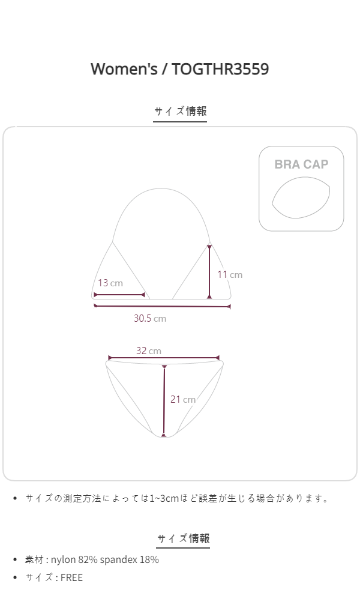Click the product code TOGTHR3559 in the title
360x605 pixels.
pyautogui.click(x=220, y=69)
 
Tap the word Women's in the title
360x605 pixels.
pyautogui.click(x=124, y=69)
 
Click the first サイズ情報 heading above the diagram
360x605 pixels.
pyautogui.click(x=181, y=111)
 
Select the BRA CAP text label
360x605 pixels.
pyautogui.click(x=301, y=164)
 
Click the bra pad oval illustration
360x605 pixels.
pyautogui.click(x=301, y=198)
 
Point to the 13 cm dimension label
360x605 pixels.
pyautogui.click(x=110, y=283)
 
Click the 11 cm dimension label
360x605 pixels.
pyautogui.click(x=230, y=275)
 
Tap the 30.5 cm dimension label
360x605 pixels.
pyautogui.click(x=150, y=318)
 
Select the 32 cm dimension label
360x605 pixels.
pyautogui.click(x=149, y=351)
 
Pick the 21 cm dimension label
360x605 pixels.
pyautogui.click(x=183, y=399)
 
